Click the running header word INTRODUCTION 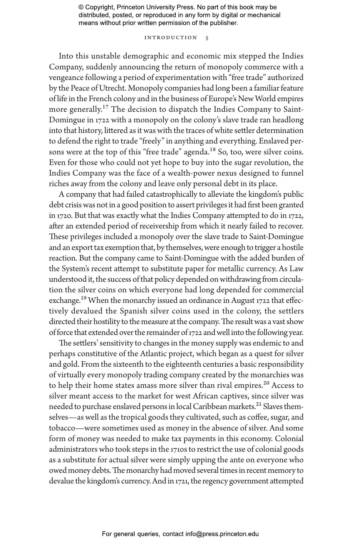pyautogui.click(x=170, y=38)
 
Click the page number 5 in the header pyautogui.click(x=207, y=38)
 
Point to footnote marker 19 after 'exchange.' pyautogui.click(x=83, y=298)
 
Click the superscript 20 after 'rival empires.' pyautogui.click(x=266, y=383)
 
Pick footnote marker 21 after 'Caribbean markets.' pyautogui.click(x=258, y=404)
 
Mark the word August pyautogui.click(x=243, y=301)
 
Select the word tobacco pyautogui.click(x=62, y=428)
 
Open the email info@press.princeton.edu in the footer pyautogui.click(x=222, y=534)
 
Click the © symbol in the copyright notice pyautogui.click(x=81, y=7)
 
